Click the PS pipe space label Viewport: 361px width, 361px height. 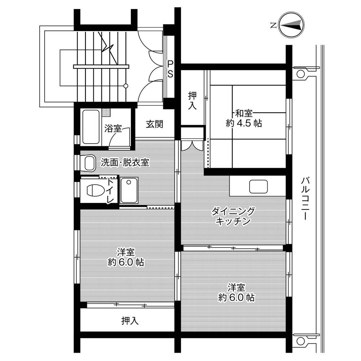(170, 69)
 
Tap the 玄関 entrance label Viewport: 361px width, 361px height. (154, 124)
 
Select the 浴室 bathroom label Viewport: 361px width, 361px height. (113, 129)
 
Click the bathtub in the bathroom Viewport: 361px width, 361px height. (91, 127)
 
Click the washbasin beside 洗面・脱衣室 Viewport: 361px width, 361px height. (90, 163)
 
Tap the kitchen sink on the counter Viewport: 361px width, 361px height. (258, 187)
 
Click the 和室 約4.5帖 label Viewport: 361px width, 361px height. (244, 119)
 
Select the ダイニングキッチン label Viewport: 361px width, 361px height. (233, 216)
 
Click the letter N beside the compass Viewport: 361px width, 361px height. (273, 25)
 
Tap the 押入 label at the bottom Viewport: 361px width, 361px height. (130, 321)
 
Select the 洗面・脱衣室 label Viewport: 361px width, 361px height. (125, 162)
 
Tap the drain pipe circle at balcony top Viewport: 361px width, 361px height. (300, 74)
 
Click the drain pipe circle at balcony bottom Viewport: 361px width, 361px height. (300, 340)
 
